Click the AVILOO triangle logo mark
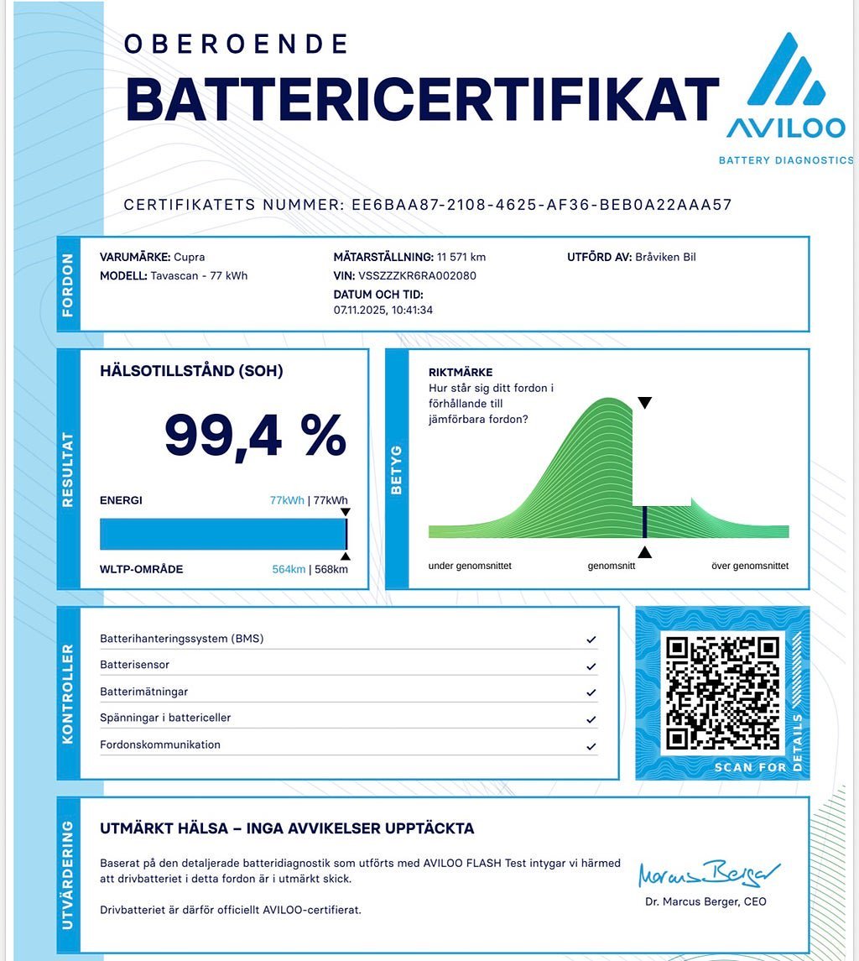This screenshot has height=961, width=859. (x=785, y=71)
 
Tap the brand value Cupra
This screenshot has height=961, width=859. (x=190, y=257)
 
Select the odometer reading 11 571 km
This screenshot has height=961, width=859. (x=461, y=257)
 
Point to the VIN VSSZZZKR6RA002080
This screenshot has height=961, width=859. (x=417, y=275)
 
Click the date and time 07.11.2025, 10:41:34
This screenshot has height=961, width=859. (x=383, y=311)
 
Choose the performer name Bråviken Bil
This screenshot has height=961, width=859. (x=665, y=257)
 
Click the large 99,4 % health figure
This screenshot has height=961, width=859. (x=255, y=435)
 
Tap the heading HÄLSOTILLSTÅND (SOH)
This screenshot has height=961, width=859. (x=191, y=371)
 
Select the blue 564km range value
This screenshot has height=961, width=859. (x=289, y=569)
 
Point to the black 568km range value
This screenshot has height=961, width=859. (x=331, y=569)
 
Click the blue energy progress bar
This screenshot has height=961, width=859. (x=222, y=534)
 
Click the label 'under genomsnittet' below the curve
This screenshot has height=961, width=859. (x=470, y=566)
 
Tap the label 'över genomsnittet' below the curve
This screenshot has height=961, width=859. (x=749, y=566)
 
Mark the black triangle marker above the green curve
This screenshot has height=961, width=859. (x=644, y=403)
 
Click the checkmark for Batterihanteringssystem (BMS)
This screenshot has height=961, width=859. (x=591, y=640)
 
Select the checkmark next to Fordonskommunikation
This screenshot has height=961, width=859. (x=591, y=746)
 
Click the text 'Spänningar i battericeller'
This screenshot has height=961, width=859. (x=165, y=718)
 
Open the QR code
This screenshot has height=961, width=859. (x=722, y=693)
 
